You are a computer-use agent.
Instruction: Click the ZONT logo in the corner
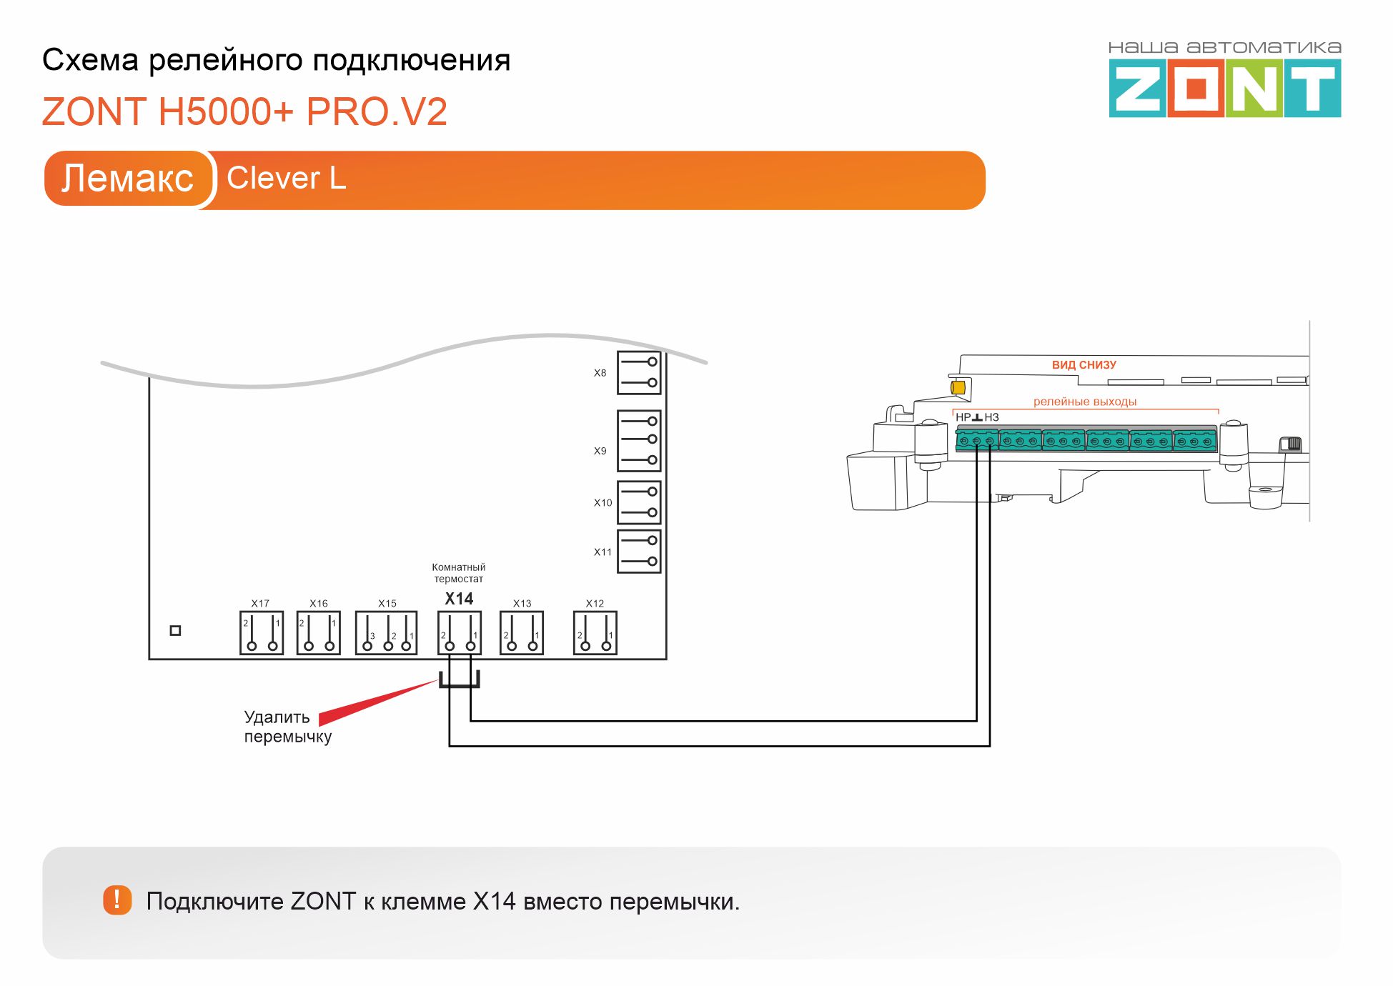pos(1224,87)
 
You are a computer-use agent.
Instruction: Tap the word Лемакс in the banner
pos(127,178)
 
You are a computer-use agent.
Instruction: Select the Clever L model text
pos(286,178)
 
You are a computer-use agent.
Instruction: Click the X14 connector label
pos(459,599)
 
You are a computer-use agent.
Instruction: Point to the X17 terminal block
pos(262,633)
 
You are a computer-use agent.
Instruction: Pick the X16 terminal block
pos(319,633)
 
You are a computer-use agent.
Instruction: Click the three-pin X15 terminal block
pos(387,633)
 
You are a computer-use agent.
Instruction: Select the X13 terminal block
pos(522,633)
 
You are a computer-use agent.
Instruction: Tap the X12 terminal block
pos(595,633)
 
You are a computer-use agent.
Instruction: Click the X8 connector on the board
pos(639,372)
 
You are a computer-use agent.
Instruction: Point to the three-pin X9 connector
pos(639,440)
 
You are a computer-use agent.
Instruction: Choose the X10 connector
pos(639,502)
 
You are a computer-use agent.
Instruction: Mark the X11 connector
pos(639,552)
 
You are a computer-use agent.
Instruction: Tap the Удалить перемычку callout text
pos(287,727)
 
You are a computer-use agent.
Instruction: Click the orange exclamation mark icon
pos(117,900)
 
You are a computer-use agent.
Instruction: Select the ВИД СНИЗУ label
pos(1084,365)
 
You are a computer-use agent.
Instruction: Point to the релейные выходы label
pos(1085,402)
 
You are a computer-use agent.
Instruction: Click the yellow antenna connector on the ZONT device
pos(958,387)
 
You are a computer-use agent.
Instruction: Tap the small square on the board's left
pos(175,630)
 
